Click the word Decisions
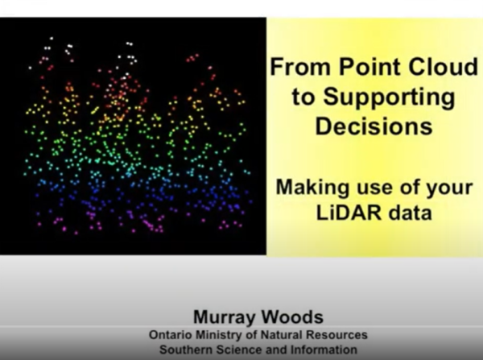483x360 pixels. coord(373,126)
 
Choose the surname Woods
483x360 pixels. coord(291,317)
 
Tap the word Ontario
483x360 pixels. coord(171,334)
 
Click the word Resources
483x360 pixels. coord(339,334)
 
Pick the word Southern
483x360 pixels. coord(186,350)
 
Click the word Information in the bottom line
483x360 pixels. coord(321,350)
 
